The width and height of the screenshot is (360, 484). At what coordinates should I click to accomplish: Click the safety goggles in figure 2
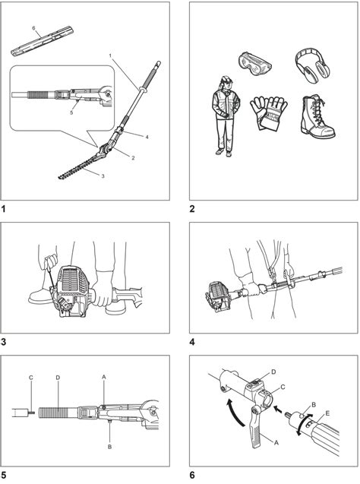[254, 64]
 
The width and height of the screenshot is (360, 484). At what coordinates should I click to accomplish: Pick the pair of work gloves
[268, 112]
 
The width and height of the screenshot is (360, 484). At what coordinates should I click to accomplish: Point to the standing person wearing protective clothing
[226, 115]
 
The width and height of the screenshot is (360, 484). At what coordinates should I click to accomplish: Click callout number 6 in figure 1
[34, 28]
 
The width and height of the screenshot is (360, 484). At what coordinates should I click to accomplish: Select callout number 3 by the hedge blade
[103, 176]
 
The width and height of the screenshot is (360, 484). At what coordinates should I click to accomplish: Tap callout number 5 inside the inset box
[71, 112]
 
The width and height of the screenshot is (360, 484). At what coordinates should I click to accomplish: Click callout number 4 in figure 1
[147, 137]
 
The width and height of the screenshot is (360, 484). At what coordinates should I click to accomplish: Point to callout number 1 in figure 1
[110, 55]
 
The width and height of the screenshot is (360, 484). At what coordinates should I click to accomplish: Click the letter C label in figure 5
[30, 378]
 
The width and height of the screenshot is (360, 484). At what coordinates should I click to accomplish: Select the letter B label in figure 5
[109, 447]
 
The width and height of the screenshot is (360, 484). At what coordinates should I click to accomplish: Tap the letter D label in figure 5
[58, 378]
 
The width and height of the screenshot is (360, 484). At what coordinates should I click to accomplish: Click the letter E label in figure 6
[327, 413]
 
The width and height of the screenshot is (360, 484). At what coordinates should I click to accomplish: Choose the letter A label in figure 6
[276, 443]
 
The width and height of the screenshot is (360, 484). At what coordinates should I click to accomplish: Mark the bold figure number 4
[192, 342]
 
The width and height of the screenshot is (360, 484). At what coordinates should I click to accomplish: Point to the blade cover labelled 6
[43, 42]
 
